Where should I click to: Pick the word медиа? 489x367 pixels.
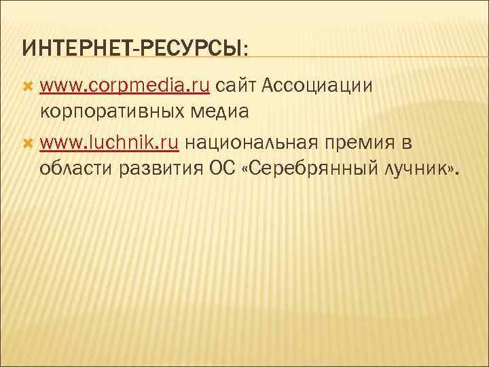pyautogui.click(x=224, y=111)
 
